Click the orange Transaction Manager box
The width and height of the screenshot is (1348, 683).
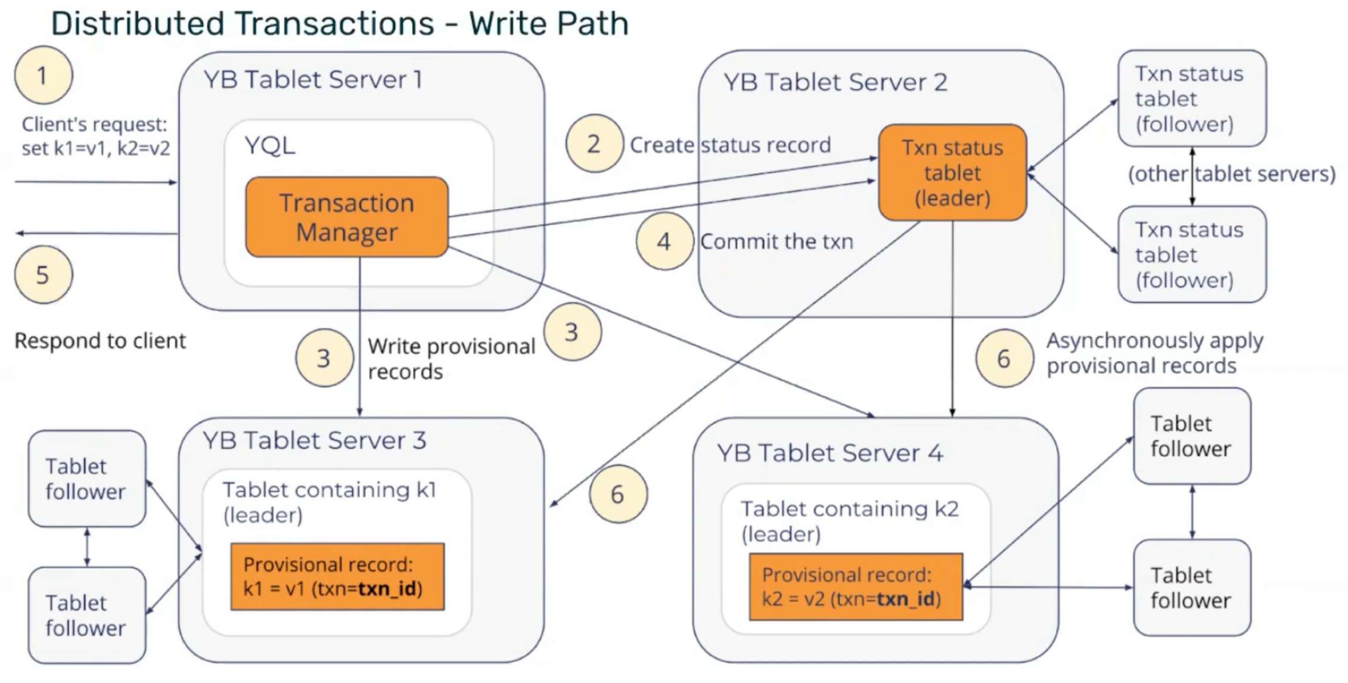click(346, 217)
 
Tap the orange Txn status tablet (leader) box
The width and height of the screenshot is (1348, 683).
click(952, 173)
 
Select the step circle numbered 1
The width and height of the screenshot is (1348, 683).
click(44, 76)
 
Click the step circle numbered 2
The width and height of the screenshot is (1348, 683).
click(594, 144)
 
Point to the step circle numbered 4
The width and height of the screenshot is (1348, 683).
click(664, 241)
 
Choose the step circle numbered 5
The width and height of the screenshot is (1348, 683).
click(44, 275)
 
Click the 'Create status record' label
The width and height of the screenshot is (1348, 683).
click(730, 145)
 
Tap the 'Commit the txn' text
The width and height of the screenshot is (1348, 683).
click(777, 241)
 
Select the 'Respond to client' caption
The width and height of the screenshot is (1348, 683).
click(100, 341)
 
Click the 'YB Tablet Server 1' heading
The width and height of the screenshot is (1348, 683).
click(313, 80)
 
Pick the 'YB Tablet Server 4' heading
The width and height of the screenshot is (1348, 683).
click(830, 454)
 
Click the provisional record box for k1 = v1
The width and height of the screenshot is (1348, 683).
click(337, 576)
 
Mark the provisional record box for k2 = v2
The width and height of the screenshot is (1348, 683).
click(855, 587)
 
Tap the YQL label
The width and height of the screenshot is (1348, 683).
click(269, 145)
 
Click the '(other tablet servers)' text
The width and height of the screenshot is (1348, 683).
click(1232, 174)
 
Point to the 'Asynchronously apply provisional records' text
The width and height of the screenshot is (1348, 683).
click(1154, 353)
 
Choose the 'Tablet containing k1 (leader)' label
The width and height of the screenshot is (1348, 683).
click(329, 502)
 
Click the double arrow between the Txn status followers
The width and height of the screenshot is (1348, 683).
click(1192, 176)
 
